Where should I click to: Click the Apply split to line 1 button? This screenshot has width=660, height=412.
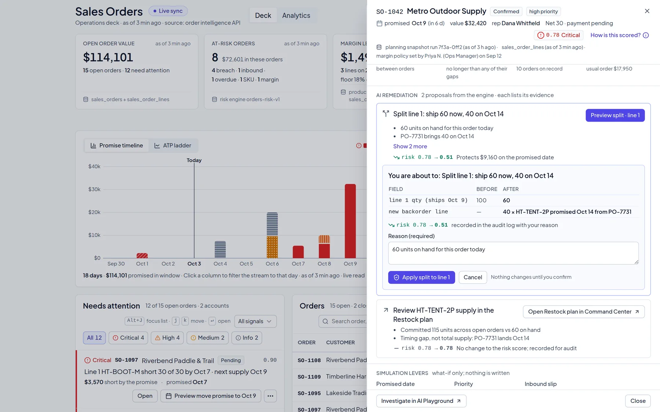coord(421,277)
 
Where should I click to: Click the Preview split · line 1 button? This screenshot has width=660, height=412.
coord(615,115)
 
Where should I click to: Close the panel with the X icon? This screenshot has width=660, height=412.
coord(647,11)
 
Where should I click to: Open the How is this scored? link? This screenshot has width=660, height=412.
coord(619,35)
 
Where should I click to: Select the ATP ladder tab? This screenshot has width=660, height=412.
coord(173,145)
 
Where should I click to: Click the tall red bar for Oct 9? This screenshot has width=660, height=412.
coord(350,221)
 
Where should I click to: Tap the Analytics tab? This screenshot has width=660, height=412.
coord(296,15)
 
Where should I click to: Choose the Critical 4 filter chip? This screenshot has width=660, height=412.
coord(128,338)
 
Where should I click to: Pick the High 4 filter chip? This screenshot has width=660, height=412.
coord(167,338)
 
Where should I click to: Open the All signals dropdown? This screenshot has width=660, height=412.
coord(255,321)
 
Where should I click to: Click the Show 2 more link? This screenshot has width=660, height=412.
coord(410,146)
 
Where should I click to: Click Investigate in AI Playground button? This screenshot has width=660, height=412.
coord(421,401)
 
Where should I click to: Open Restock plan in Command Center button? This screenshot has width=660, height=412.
coord(584,312)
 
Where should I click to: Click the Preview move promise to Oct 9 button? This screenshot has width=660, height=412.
coord(211,396)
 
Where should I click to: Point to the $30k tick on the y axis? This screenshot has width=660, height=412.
coord(94,189)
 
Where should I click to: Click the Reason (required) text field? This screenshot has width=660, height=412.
coord(513,253)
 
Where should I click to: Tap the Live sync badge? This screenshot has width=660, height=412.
coord(168,11)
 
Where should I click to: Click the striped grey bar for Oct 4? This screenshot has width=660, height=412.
coord(220,249)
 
